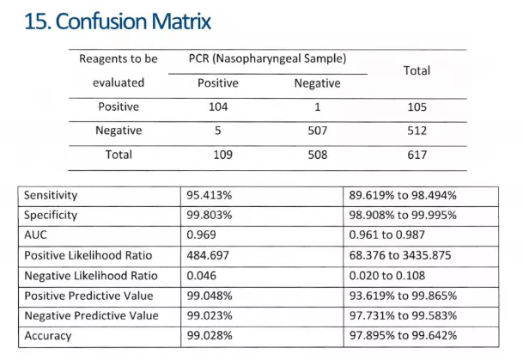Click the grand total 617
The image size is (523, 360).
(x=417, y=155)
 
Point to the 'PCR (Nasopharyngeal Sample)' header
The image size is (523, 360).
(x=268, y=59)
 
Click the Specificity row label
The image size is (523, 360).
(x=51, y=215)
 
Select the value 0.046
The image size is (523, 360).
(x=202, y=275)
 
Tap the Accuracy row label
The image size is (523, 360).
(x=48, y=335)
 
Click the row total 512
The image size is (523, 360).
(x=417, y=131)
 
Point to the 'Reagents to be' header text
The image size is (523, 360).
(x=119, y=59)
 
